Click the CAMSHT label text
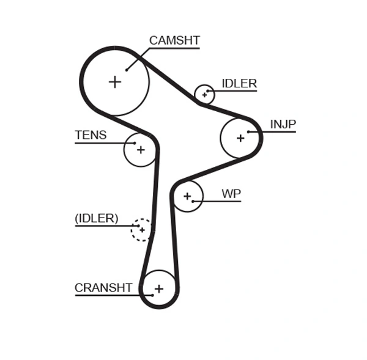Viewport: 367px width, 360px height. (174, 41)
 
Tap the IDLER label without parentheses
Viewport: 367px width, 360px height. (239, 84)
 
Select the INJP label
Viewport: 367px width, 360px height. (283, 125)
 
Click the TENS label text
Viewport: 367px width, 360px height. (91, 136)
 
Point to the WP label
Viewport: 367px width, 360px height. (231, 194)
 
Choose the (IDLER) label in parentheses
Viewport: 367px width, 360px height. (97, 219)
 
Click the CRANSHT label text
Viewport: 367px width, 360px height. (103, 288)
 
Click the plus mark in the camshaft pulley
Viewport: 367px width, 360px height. (115, 81)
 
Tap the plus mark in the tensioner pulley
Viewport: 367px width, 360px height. (141, 150)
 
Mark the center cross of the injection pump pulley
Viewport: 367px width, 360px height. (240, 138)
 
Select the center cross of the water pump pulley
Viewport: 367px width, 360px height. (187, 196)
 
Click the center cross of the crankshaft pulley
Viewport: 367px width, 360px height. (159, 288)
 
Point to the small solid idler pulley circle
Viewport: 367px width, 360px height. (204, 94)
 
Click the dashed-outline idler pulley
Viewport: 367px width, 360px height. (141, 230)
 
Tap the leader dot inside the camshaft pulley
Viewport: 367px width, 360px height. (127, 70)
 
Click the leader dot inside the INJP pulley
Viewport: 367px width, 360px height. (248, 132)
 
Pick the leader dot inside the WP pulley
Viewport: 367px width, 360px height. (193, 201)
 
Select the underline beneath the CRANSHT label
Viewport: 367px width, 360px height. (104, 295)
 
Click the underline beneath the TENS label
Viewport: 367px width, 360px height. (101, 143)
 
